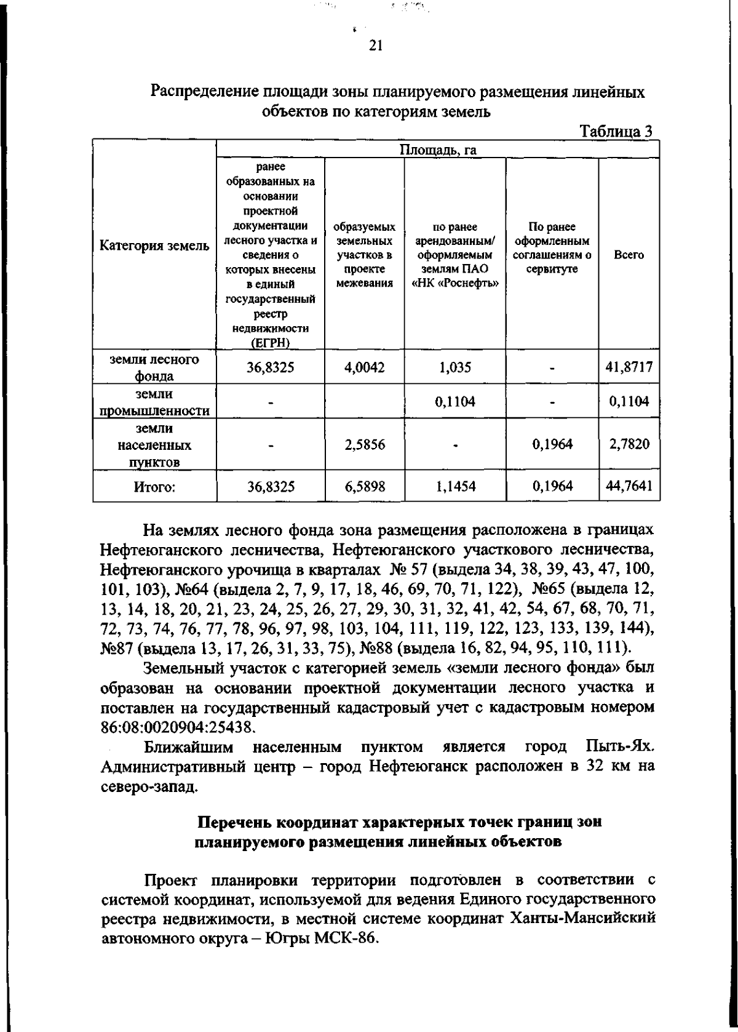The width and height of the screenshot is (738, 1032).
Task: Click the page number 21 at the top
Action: click(x=376, y=46)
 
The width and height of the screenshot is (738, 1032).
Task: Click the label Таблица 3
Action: click(x=616, y=131)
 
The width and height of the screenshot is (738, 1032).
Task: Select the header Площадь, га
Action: click(x=438, y=150)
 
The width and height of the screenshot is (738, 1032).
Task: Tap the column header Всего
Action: click(x=629, y=255)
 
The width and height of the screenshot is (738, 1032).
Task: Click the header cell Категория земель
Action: click(x=154, y=246)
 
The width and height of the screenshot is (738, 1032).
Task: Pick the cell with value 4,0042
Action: click(x=364, y=367)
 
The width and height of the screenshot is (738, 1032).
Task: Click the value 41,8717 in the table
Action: click(x=629, y=367)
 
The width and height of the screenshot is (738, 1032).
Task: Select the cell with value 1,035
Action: click(x=454, y=367)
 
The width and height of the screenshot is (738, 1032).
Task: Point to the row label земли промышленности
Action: click(x=154, y=402)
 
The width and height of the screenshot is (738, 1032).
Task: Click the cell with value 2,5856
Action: click(x=364, y=444)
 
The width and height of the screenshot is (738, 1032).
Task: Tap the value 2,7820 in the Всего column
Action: click(x=629, y=444)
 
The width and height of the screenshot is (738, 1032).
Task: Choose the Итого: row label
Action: click(x=154, y=487)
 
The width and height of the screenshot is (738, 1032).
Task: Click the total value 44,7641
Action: click(x=629, y=487)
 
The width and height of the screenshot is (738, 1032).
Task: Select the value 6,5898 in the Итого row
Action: click(x=364, y=487)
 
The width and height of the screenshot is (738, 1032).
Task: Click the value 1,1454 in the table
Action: click(x=454, y=487)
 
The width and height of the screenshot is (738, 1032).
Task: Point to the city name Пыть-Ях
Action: click(x=616, y=747)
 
